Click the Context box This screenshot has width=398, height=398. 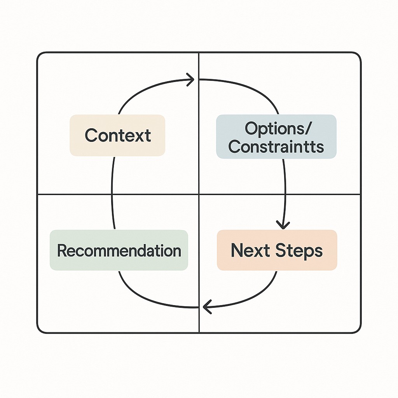tap(117, 135)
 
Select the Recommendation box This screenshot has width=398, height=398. tap(119, 250)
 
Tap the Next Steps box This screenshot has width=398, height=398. tap(277, 250)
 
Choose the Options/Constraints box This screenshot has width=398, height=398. tap(276, 137)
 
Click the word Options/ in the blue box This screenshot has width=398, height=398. tap(276, 129)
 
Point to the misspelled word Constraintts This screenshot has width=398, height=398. tap(276, 147)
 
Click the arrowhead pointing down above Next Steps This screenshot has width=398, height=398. tap(283, 225)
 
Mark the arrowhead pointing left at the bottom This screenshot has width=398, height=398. tap(206, 307)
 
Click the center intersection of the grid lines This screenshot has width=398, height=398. tap(199, 194)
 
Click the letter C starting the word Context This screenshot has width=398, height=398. tap(90, 135)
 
